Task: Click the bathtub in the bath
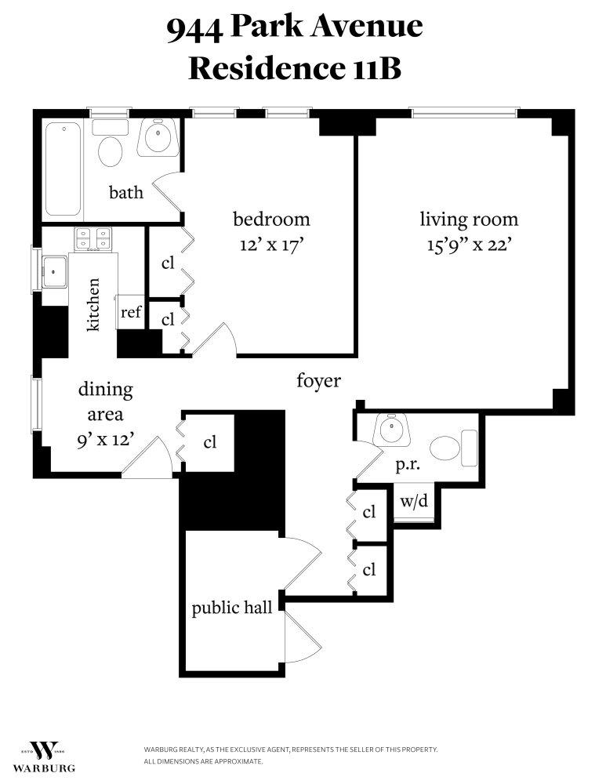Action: point(64,169)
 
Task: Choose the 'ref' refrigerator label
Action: point(130,313)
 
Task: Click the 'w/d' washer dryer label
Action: point(414,501)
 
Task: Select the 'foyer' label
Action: point(318,382)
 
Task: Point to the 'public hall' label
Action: point(232,608)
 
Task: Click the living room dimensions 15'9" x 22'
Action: point(470,245)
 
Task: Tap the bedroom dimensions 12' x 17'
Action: point(271,245)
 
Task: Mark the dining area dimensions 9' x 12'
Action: point(105,441)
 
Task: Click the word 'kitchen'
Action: point(93,305)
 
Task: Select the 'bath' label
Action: point(126,192)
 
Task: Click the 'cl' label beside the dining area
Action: point(209,442)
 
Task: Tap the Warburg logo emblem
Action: point(44,750)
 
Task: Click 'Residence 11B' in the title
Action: point(295,68)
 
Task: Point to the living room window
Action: point(465,114)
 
